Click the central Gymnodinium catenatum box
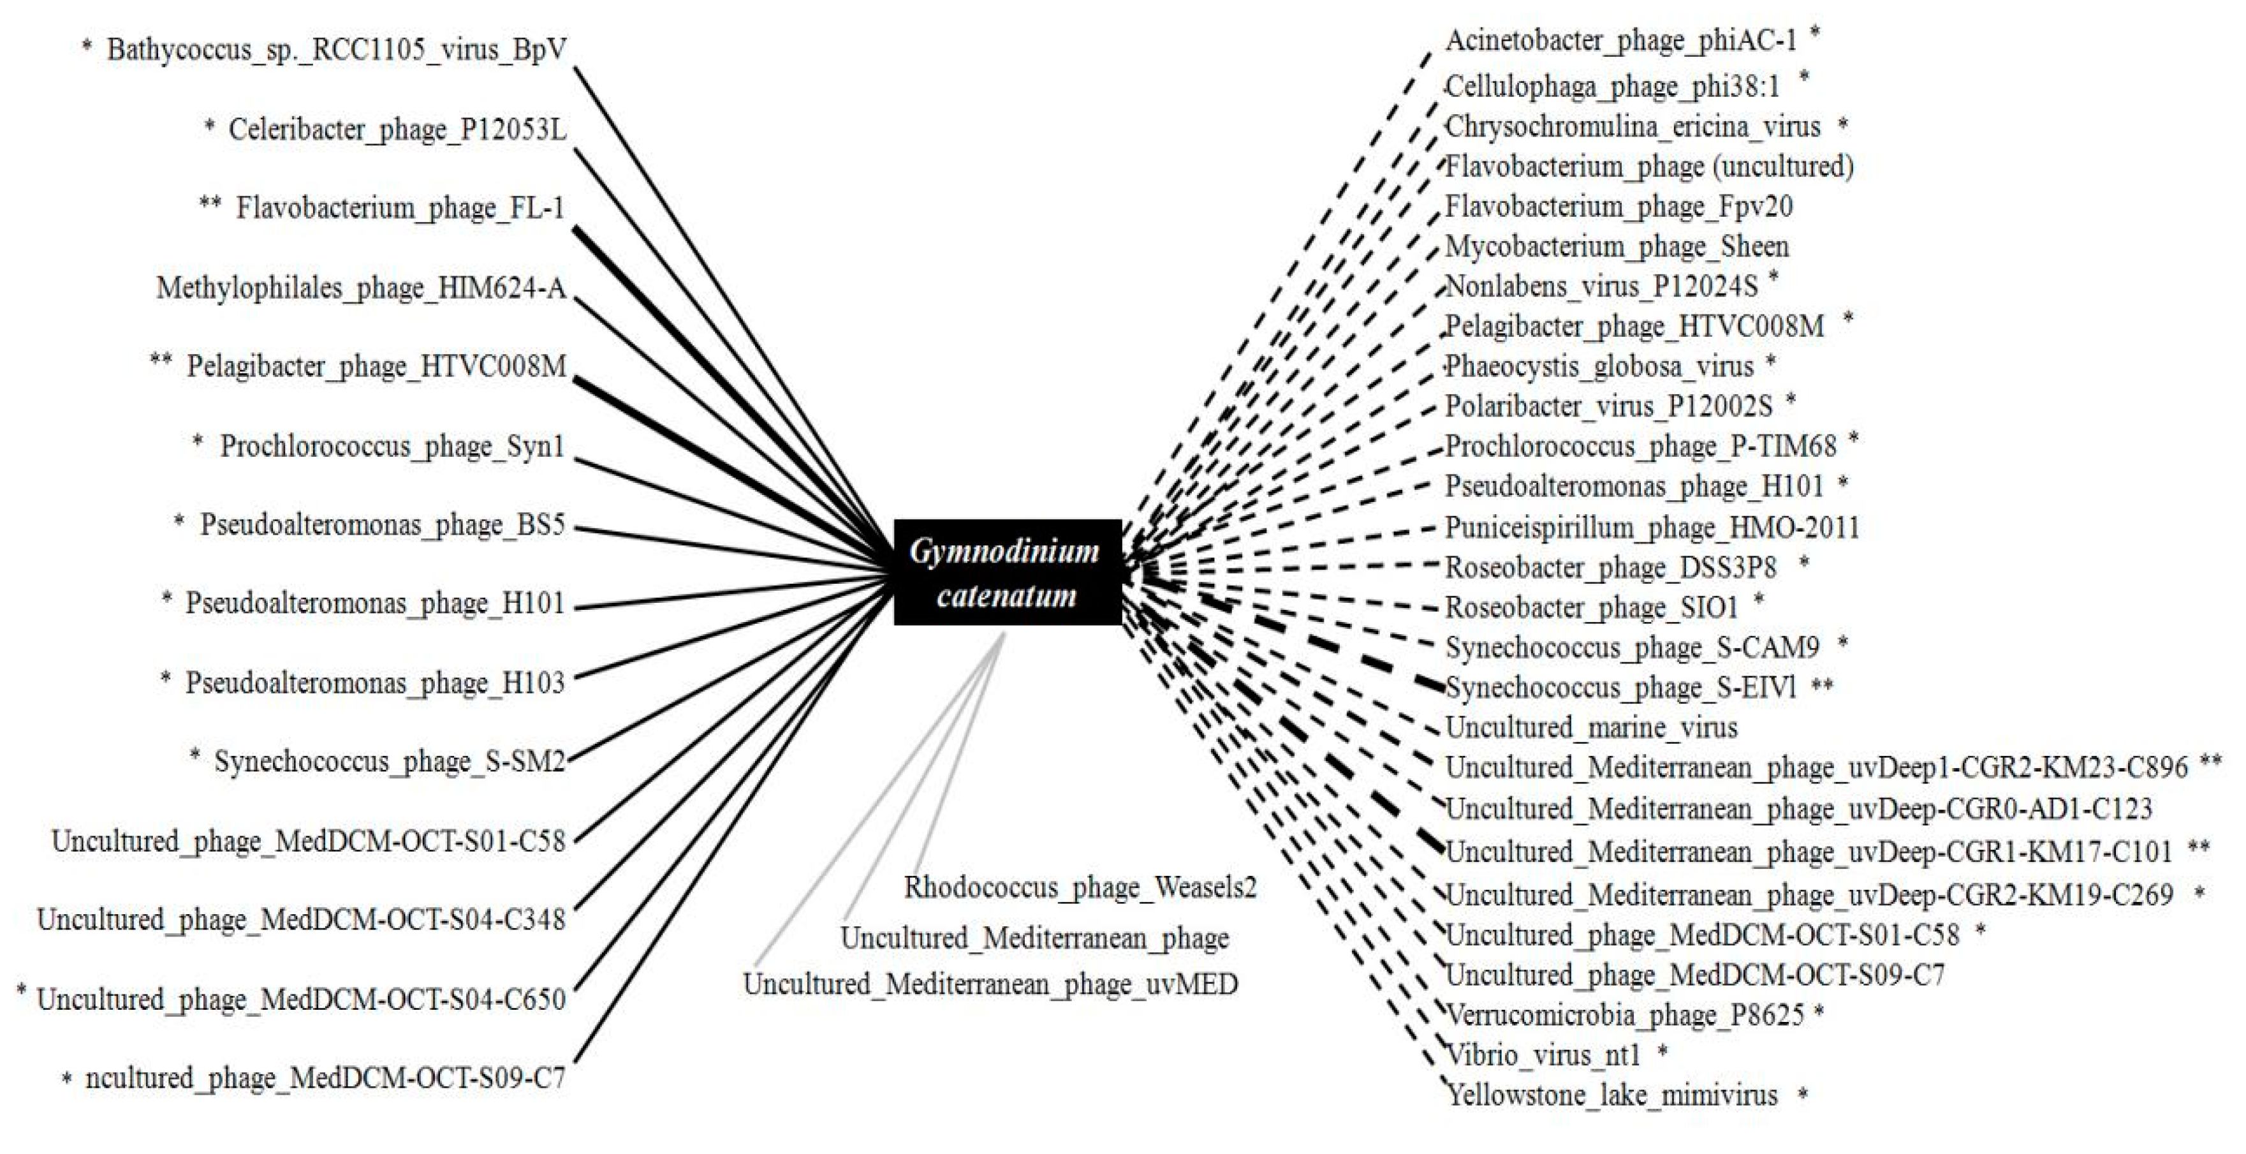(x=1007, y=572)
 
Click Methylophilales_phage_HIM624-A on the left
(x=361, y=287)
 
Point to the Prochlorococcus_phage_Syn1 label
(x=392, y=446)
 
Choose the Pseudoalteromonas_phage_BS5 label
(x=383, y=524)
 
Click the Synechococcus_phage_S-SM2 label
(x=390, y=762)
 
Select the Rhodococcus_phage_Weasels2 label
(x=1080, y=887)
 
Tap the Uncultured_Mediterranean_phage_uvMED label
(x=990, y=984)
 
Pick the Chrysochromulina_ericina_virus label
(x=1632, y=128)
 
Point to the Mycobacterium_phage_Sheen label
(x=1617, y=247)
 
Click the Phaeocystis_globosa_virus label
(x=1599, y=366)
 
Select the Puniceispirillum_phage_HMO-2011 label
(x=1652, y=527)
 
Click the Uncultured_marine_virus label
(x=1591, y=727)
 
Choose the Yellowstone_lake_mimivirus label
(x=1611, y=1094)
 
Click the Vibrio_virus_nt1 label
(x=1543, y=1054)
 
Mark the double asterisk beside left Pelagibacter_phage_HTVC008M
(x=161, y=360)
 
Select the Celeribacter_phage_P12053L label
(x=397, y=129)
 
